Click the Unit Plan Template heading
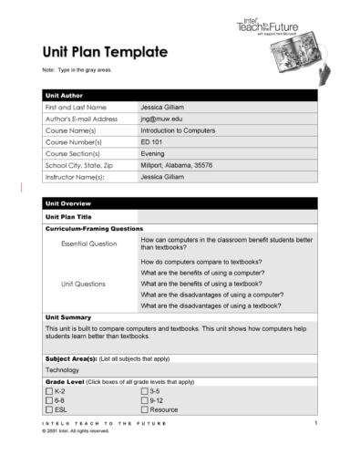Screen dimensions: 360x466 (x=104, y=52)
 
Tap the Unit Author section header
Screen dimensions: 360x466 (x=65, y=95)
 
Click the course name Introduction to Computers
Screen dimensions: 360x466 (x=178, y=130)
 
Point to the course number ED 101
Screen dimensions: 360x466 (x=152, y=142)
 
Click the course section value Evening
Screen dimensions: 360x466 (x=154, y=154)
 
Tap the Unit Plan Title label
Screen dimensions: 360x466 (x=68, y=217)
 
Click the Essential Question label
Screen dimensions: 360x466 (x=88, y=243)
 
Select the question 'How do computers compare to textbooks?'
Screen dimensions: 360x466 (x=201, y=261)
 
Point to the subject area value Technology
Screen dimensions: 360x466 (x=62, y=370)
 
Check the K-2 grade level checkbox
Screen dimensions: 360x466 (x=49, y=390)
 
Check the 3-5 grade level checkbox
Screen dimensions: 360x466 (x=144, y=390)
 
